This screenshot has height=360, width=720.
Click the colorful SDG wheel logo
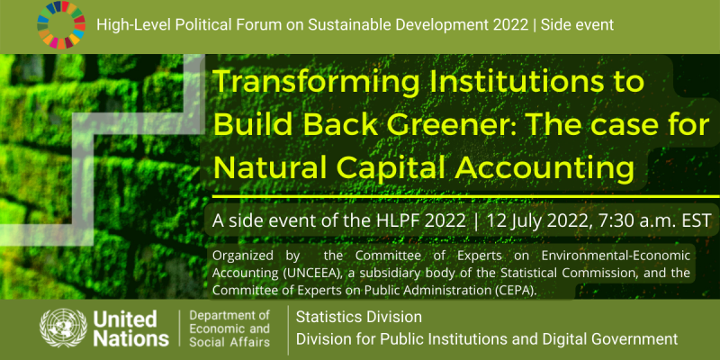(61, 25)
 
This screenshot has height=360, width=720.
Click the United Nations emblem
(63, 328)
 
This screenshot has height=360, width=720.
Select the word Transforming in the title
(316, 83)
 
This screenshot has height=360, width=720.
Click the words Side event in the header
(577, 25)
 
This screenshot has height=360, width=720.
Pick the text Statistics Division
(359, 317)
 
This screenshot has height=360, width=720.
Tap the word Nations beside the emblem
(130, 338)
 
